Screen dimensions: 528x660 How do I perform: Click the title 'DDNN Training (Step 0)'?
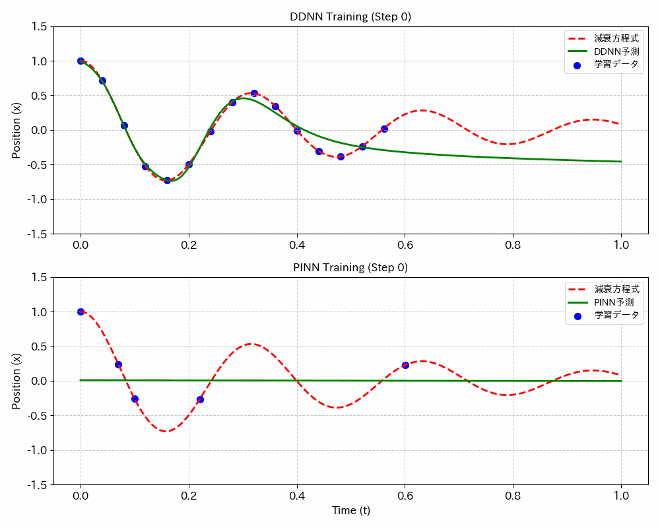click(x=350, y=17)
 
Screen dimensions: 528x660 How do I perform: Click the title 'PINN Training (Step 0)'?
click(x=350, y=268)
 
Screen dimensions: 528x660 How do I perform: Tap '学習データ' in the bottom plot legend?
click(x=616, y=315)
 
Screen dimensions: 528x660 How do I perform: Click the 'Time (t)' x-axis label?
click(x=350, y=510)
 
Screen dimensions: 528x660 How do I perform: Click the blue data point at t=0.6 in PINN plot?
click(x=405, y=365)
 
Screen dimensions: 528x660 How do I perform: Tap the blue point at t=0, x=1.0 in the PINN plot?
click(x=81, y=312)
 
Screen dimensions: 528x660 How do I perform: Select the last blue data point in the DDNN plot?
click(x=384, y=129)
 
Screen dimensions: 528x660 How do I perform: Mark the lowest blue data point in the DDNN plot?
click(x=167, y=180)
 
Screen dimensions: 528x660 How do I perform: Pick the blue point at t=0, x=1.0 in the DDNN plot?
click(x=81, y=61)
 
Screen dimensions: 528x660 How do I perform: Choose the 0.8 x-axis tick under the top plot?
click(x=513, y=244)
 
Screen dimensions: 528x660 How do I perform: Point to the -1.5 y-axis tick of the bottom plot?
click(x=36, y=484)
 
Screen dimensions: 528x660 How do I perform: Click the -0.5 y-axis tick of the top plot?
click(x=36, y=164)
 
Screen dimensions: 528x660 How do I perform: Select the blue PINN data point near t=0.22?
click(x=200, y=399)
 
